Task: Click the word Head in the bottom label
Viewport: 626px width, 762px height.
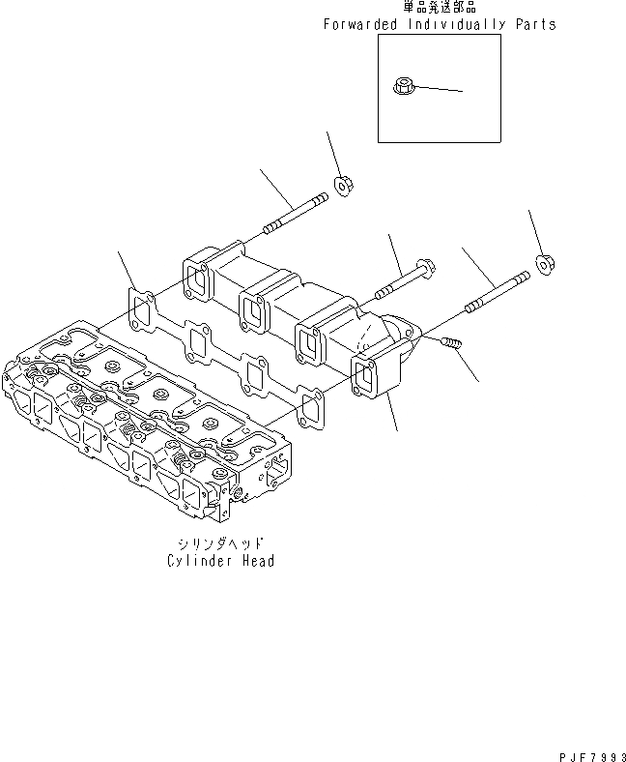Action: pyautogui.click(x=256, y=561)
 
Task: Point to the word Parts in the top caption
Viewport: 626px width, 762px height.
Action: pyautogui.click(x=536, y=24)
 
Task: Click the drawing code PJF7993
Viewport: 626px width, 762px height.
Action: pyautogui.click(x=586, y=753)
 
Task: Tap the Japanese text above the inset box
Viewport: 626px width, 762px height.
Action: pyautogui.click(x=441, y=8)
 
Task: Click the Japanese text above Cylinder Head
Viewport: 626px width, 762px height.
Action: pyautogui.click(x=220, y=544)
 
